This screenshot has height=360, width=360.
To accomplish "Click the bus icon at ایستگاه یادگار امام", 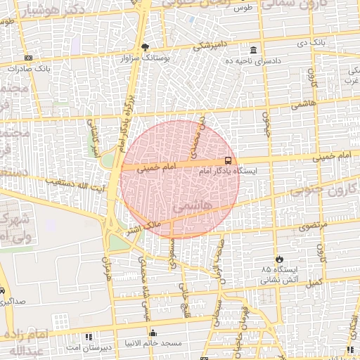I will [x=228, y=160].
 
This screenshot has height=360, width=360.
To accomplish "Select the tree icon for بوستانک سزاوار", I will [x=146, y=47].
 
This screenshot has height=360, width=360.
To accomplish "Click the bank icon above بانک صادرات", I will [x=28, y=58].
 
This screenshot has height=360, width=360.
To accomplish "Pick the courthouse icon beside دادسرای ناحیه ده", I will [x=253, y=50].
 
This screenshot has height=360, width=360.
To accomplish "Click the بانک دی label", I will [x=312, y=43].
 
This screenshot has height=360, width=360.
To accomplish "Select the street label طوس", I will [x=243, y=8].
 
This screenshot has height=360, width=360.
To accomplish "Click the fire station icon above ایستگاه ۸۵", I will [x=281, y=259].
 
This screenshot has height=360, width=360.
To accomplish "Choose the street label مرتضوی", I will [x=314, y=227].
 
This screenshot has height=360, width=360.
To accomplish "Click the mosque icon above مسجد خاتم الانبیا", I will [x=153, y=333].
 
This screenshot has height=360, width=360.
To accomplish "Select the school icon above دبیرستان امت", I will [x=89, y=337].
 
